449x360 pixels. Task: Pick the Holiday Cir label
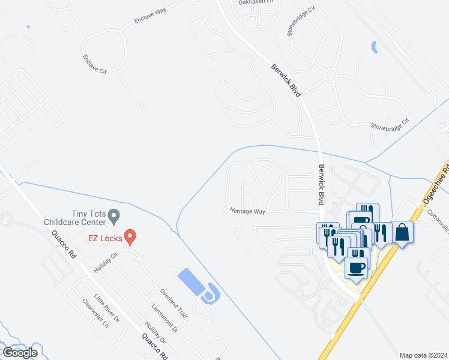point(106,261)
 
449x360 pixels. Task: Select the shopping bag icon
point(402,233)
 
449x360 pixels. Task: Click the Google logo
point(19,353)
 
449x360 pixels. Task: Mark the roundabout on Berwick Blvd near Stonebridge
point(330,75)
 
